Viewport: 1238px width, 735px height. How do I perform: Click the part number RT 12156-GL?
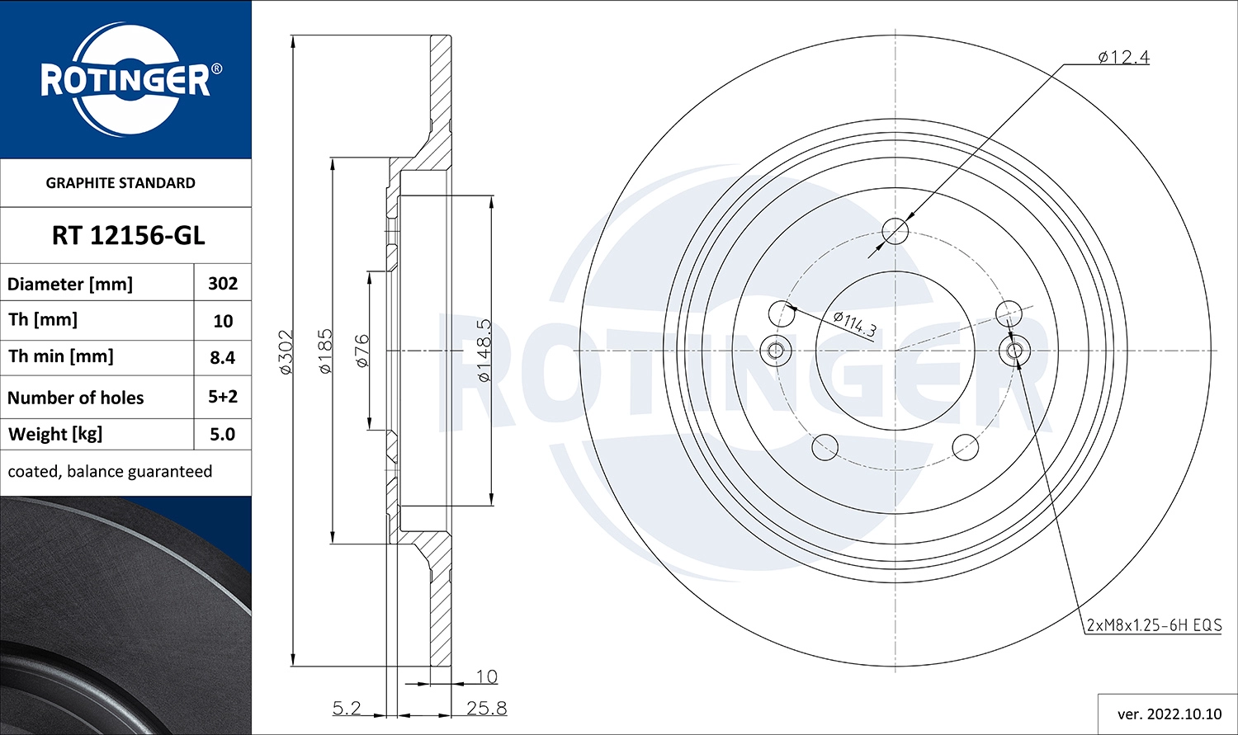[128, 236]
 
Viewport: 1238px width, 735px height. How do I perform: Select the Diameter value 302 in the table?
[223, 284]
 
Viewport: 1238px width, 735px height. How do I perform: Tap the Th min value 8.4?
[223, 357]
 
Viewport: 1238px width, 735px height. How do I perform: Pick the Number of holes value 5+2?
[223, 397]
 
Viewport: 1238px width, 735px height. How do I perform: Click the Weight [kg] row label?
[55, 435]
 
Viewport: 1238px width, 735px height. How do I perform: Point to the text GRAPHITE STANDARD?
[120, 183]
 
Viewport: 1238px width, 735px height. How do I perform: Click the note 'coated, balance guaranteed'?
[110, 472]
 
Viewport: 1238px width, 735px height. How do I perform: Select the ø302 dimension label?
[286, 353]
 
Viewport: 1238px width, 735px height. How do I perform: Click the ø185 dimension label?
[325, 351]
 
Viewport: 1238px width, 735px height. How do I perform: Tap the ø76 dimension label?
[361, 351]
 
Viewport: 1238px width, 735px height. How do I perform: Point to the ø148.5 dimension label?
[484, 351]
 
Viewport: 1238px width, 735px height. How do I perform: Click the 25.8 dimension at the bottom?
[486, 709]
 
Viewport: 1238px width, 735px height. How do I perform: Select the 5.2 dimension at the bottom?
[347, 709]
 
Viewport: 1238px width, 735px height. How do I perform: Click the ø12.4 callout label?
[1123, 57]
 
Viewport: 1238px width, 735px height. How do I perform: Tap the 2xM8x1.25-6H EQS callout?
[1153, 625]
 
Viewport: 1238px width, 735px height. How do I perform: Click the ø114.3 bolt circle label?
[854, 323]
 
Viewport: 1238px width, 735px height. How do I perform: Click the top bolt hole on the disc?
[895, 232]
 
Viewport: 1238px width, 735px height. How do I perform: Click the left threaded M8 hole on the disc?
[775, 351]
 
